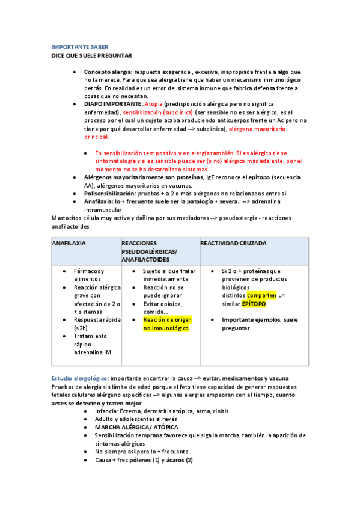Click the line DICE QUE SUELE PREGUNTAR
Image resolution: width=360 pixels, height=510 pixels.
(x=91, y=55)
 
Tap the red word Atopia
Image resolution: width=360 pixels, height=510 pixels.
(x=153, y=103)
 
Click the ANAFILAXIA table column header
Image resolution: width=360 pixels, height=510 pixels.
(x=69, y=244)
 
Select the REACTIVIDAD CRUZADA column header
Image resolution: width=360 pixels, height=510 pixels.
(x=234, y=244)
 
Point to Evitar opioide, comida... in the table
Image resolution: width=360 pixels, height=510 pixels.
(x=163, y=308)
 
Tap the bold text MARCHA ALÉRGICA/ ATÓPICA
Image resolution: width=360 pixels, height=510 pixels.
(x=136, y=427)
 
